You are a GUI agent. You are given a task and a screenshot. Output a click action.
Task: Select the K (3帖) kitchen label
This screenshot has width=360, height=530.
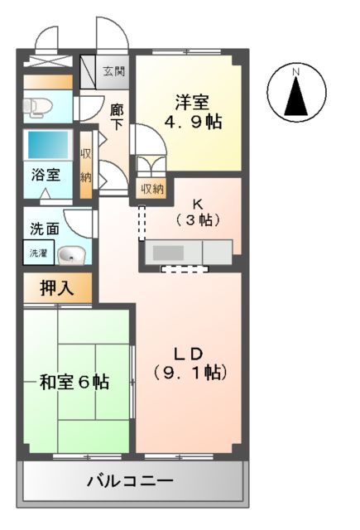click(x=197, y=212)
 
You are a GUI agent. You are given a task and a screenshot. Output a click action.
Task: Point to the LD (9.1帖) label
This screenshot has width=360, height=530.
click(x=189, y=360)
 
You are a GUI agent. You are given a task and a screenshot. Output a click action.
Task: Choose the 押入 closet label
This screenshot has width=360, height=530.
click(x=57, y=288)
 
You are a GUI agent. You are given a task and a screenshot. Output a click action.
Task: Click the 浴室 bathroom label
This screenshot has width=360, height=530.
click(x=46, y=175)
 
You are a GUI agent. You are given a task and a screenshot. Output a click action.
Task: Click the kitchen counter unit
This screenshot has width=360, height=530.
click(x=189, y=251)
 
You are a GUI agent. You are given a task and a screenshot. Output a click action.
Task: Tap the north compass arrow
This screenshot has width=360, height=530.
click(x=295, y=97)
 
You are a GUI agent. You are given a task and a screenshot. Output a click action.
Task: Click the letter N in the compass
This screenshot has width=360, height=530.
click(x=295, y=75)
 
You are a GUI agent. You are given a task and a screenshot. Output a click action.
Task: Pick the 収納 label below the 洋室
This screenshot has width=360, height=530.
click(x=151, y=190)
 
